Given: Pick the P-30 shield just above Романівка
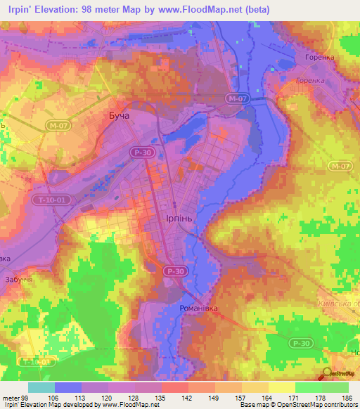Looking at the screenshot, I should click(x=174, y=271).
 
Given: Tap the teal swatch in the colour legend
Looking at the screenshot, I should click(x=41, y=387).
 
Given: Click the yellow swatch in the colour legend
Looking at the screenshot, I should click(x=282, y=387).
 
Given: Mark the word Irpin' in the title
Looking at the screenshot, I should click(x=20, y=8).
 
